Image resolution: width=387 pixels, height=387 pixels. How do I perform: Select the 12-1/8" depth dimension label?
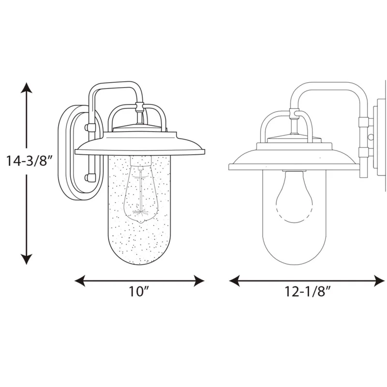[308, 292]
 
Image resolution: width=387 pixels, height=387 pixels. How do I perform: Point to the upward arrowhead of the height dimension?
[26, 88]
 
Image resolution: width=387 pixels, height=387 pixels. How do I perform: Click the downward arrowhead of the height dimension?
[26, 259]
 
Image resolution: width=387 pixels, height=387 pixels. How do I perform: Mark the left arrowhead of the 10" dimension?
[80, 281]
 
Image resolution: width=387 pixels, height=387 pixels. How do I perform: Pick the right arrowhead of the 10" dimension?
[199, 281]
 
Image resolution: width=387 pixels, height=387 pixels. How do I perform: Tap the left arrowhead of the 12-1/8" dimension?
[235, 281]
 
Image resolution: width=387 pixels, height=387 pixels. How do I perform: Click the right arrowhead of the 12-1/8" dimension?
[379, 281]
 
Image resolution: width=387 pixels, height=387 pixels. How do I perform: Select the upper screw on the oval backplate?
[89, 127]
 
